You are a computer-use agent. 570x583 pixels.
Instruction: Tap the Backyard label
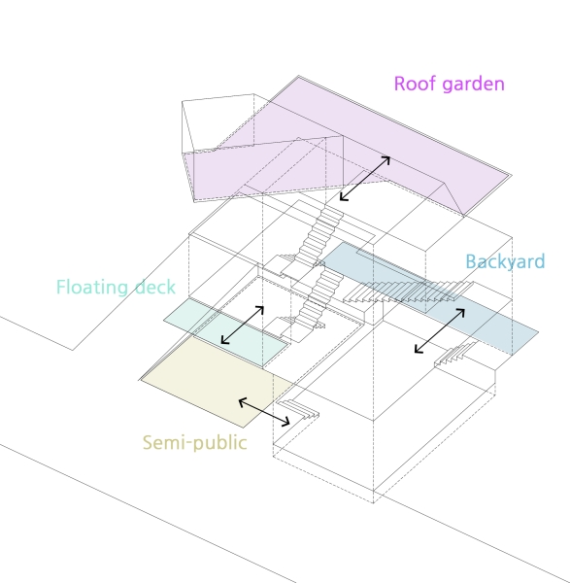[x=505, y=261]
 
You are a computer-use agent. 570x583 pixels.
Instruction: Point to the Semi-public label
[x=194, y=443]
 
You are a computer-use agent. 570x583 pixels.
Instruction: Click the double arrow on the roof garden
[x=365, y=178]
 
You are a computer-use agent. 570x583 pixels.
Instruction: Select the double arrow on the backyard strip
[x=439, y=331]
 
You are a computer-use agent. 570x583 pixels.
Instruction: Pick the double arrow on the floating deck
[x=243, y=325]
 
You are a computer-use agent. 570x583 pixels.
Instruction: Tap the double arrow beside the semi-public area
[x=263, y=411]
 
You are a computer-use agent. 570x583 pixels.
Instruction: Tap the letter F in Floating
[x=61, y=287]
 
